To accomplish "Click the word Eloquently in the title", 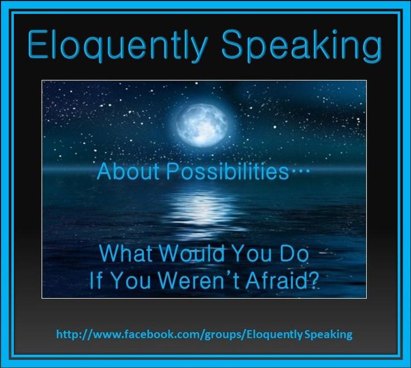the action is point(117,46).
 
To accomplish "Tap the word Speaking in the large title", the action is point(302,46).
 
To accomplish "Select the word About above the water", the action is point(128,172).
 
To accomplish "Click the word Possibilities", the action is point(228,172).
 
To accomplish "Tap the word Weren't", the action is point(199,280).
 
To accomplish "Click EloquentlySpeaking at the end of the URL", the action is point(299,335).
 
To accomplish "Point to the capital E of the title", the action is point(37,45).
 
